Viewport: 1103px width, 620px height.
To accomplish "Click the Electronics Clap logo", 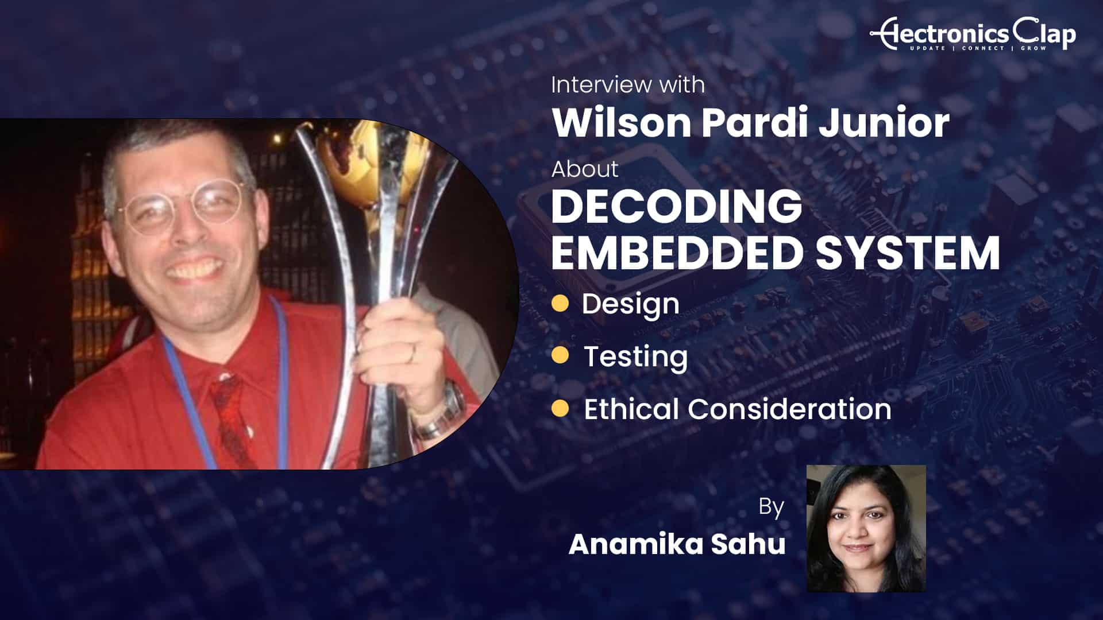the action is pos(973,34).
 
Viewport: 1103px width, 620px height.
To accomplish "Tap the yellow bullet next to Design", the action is pos(560,303).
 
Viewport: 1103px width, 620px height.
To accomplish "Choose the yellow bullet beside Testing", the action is pos(560,356).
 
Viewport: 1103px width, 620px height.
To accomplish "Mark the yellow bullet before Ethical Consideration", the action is pos(560,409).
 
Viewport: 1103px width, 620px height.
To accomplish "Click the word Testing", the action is pos(635,357).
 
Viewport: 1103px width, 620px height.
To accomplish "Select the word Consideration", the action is pos(790,409).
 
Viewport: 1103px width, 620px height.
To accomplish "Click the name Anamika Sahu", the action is pos(677,544).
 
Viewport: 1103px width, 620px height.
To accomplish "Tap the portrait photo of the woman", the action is pos(866,529).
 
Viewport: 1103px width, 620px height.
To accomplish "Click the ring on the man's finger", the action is pos(411,353).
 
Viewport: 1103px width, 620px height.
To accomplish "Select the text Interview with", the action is pos(628,85).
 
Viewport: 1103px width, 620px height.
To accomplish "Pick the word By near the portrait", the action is pos(771,507).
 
